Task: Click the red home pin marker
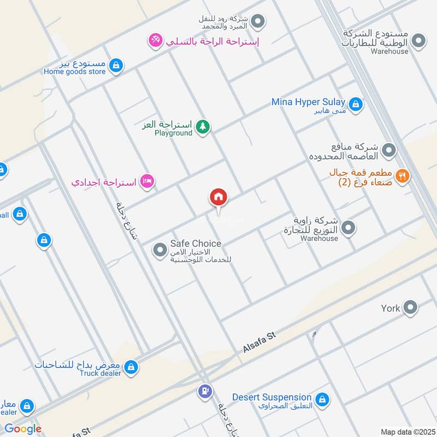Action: [218, 198]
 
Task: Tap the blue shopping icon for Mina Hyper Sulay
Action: [356, 104]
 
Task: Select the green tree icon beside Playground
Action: [203, 127]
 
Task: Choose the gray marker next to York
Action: [410, 308]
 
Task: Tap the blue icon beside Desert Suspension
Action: [322, 399]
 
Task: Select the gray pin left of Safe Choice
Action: [160, 250]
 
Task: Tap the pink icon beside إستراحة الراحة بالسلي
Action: [156, 40]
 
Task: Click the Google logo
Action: [22, 429]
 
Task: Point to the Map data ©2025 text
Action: [407, 431]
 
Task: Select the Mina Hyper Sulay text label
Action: [308, 102]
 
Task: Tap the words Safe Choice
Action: [196, 244]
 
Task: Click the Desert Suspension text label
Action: [271, 397]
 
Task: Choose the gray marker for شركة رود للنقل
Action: [259, 22]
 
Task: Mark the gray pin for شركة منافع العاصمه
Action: [388, 149]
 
